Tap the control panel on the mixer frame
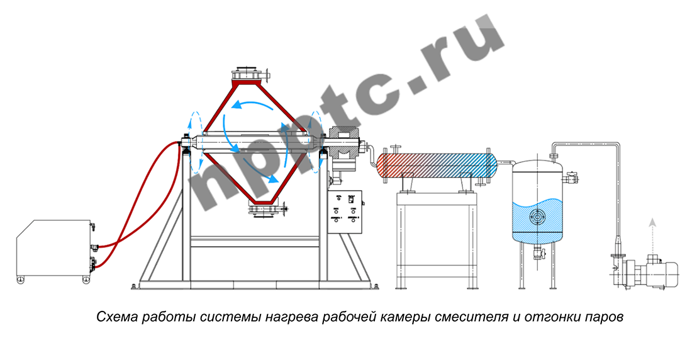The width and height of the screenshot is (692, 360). click(x=345, y=211)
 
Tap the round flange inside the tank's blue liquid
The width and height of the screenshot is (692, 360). click(x=536, y=218)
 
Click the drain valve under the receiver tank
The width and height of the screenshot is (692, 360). click(x=537, y=253)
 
